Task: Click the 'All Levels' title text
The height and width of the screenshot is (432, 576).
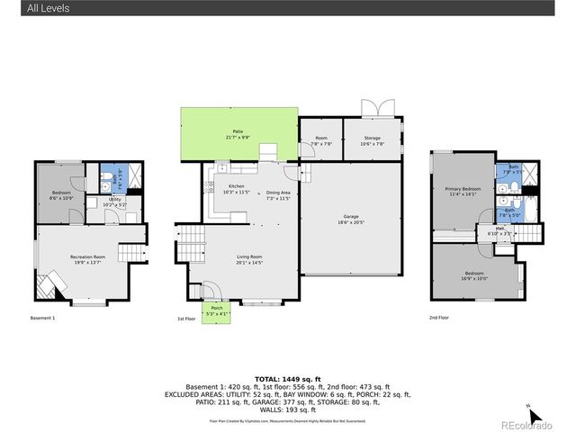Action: (x=48, y=9)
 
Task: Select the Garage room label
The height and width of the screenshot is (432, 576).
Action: (x=350, y=218)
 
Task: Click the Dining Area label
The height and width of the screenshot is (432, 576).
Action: (x=277, y=195)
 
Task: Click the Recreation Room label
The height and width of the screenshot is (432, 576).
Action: (x=88, y=259)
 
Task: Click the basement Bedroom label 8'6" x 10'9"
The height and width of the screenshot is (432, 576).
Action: (x=60, y=194)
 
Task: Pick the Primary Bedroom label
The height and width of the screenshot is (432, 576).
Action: (x=463, y=191)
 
